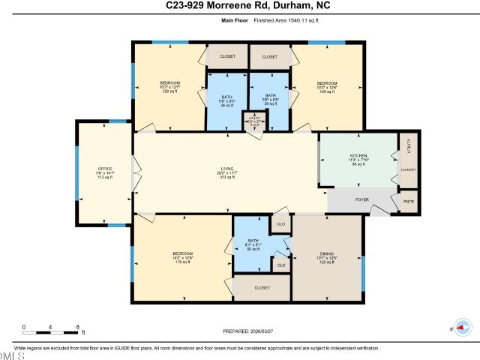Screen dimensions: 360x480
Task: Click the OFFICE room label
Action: pyautogui.click(x=105, y=169)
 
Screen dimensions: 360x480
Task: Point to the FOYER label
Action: pyautogui.click(x=361, y=199)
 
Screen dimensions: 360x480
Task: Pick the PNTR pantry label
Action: pyautogui.click(x=409, y=202)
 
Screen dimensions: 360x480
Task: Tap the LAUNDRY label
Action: pyautogui.click(x=409, y=169)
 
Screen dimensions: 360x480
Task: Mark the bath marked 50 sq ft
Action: pyautogui.click(x=253, y=245)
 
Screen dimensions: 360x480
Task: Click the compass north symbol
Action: pyautogui.click(x=462, y=328)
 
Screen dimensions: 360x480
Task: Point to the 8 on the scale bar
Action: pyautogui.click(x=78, y=327)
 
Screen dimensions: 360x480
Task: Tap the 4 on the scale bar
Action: pyautogui.click(x=51, y=327)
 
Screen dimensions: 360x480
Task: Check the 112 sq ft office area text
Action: pyautogui.click(x=105, y=178)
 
